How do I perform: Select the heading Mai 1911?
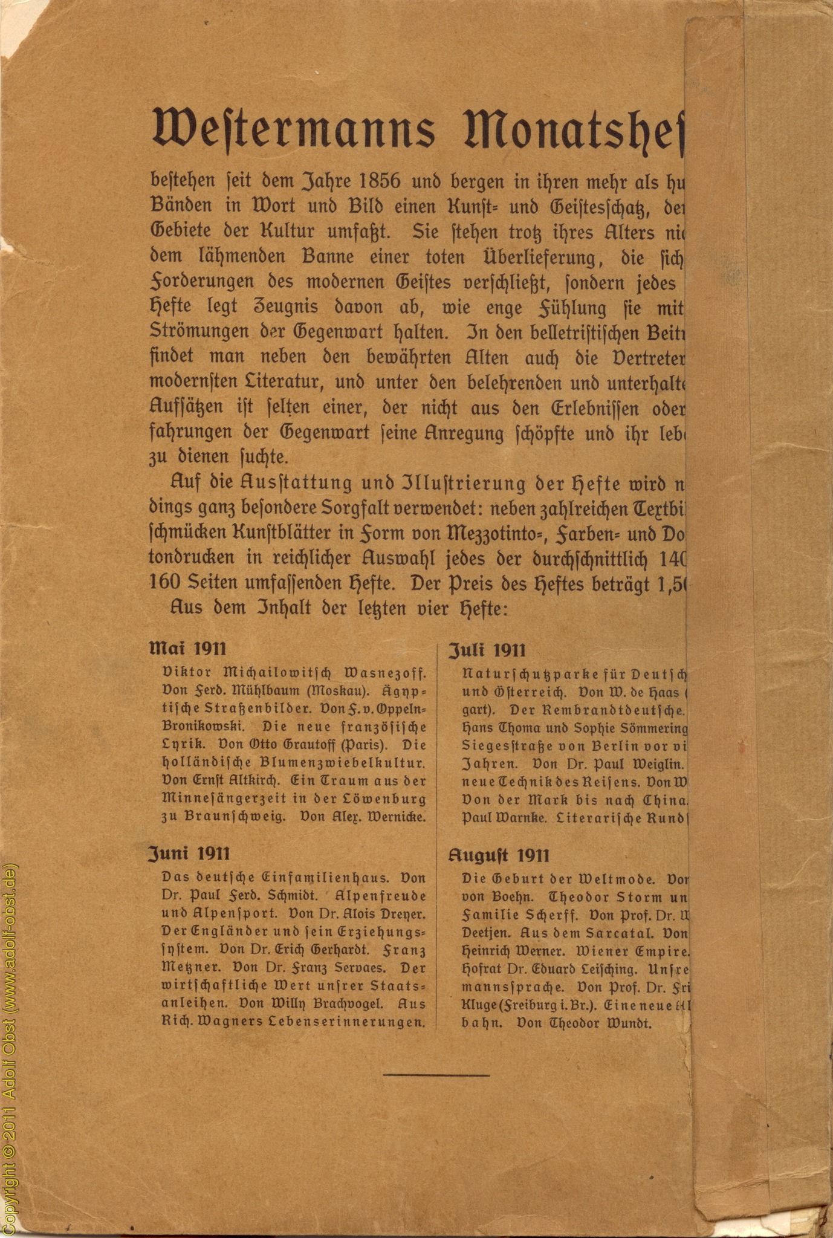pyautogui.click(x=187, y=649)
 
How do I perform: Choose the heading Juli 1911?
pyautogui.click(x=487, y=650)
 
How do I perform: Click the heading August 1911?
pyautogui.click(x=499, y=855)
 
